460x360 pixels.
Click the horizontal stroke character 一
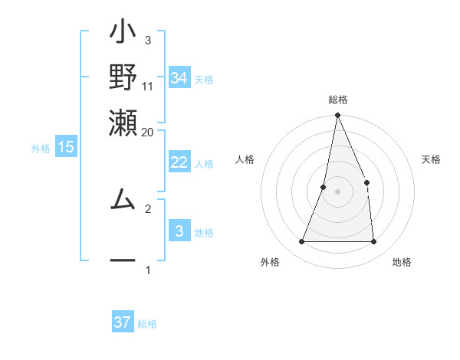click(123, 261)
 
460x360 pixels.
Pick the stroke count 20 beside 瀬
click(147, 132)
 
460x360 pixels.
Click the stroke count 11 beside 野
click(147, 87)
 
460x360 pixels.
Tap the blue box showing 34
click(179, 78)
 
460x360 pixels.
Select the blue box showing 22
click(179, 162)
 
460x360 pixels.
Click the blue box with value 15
click(66, 147)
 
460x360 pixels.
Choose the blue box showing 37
click(123, 322)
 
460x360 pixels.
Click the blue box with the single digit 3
click(179, 231)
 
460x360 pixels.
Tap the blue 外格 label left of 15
click(40, 149)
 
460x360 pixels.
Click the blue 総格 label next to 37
click(147, 324)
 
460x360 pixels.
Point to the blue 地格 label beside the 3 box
click(204, 233)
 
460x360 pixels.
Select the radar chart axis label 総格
click(337, 100)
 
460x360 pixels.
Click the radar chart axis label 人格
click(245, 159)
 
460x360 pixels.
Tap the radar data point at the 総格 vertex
click(337, 116)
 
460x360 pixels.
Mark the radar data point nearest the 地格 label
click(374, 242)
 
